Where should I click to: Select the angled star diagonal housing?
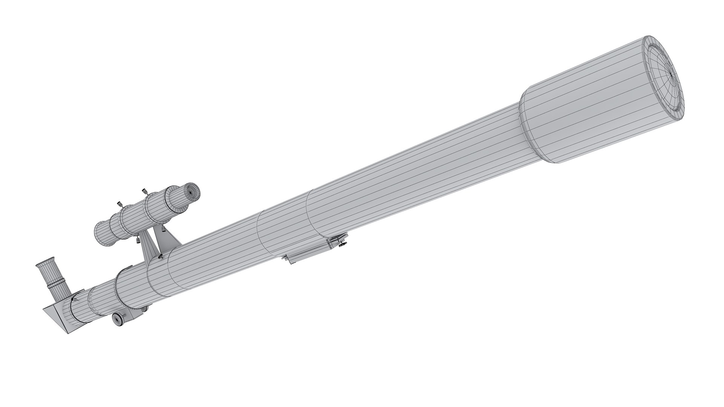[60, 307]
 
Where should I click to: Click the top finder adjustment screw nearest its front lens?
[144, 192]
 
